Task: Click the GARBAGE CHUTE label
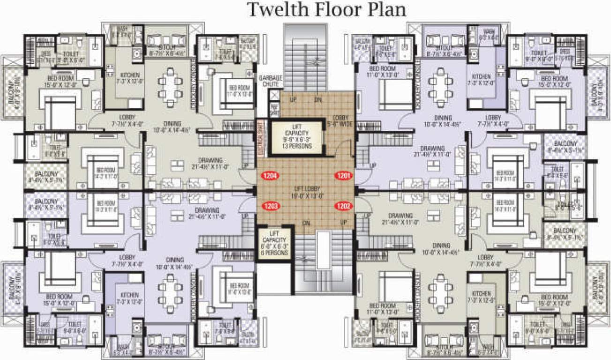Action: (x=268, y=81)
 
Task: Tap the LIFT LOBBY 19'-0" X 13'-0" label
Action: (x=304, y=194)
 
